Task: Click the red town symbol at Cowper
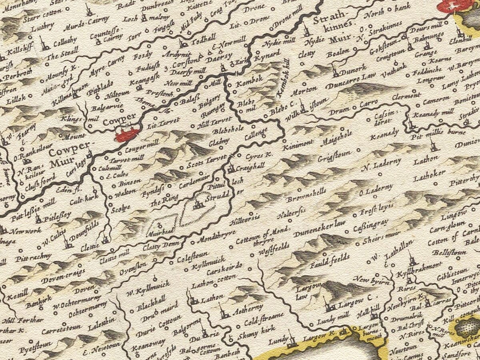127,134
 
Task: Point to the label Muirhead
161,232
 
